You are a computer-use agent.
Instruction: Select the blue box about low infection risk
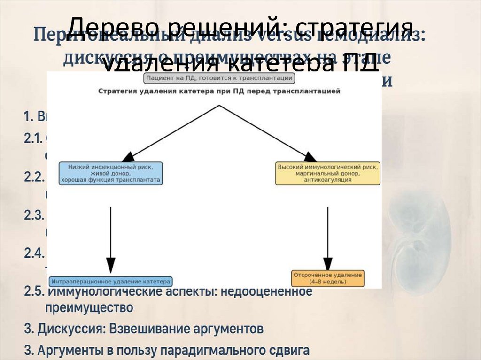(x=111, y=173)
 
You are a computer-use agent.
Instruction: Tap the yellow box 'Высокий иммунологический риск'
(x=327, y=173)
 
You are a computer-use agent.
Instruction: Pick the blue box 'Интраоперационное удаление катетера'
(x=111, y=282)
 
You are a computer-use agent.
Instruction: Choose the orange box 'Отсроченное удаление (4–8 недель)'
(x=327, y=278)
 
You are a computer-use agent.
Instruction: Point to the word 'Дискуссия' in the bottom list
(x=71, y=329)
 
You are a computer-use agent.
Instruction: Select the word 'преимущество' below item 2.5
(x=89, y=308)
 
